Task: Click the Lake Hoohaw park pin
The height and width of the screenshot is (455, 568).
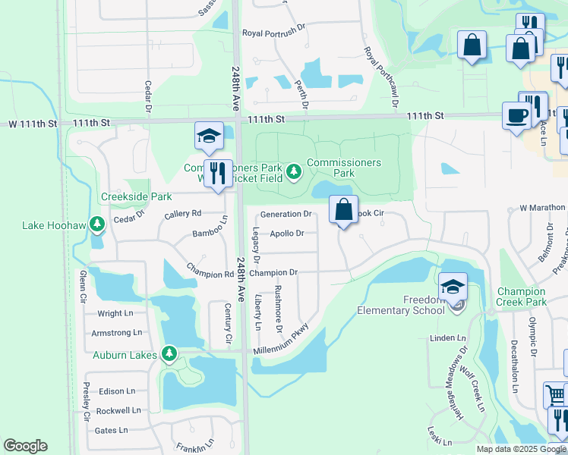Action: (x=96, y=224)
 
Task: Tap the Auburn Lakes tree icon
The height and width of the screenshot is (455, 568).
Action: (x=169, y=354)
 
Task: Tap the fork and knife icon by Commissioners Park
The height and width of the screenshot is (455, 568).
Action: (x=219, y=174)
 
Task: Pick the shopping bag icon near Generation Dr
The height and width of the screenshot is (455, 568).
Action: (x=343, y=209)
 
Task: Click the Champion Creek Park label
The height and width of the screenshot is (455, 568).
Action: (x=521, y=297)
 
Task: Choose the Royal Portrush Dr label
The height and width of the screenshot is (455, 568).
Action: (x=273, y=33)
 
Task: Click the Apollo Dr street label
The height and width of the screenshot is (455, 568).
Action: (x=287, y=234)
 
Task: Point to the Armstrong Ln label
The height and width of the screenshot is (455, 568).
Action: (x=116, y=333)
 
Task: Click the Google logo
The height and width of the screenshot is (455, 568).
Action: (x=25, y=446)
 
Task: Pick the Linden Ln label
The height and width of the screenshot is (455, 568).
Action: (x=447, y=337)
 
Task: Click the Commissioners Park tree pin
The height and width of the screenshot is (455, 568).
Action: (x=295, y=174)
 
